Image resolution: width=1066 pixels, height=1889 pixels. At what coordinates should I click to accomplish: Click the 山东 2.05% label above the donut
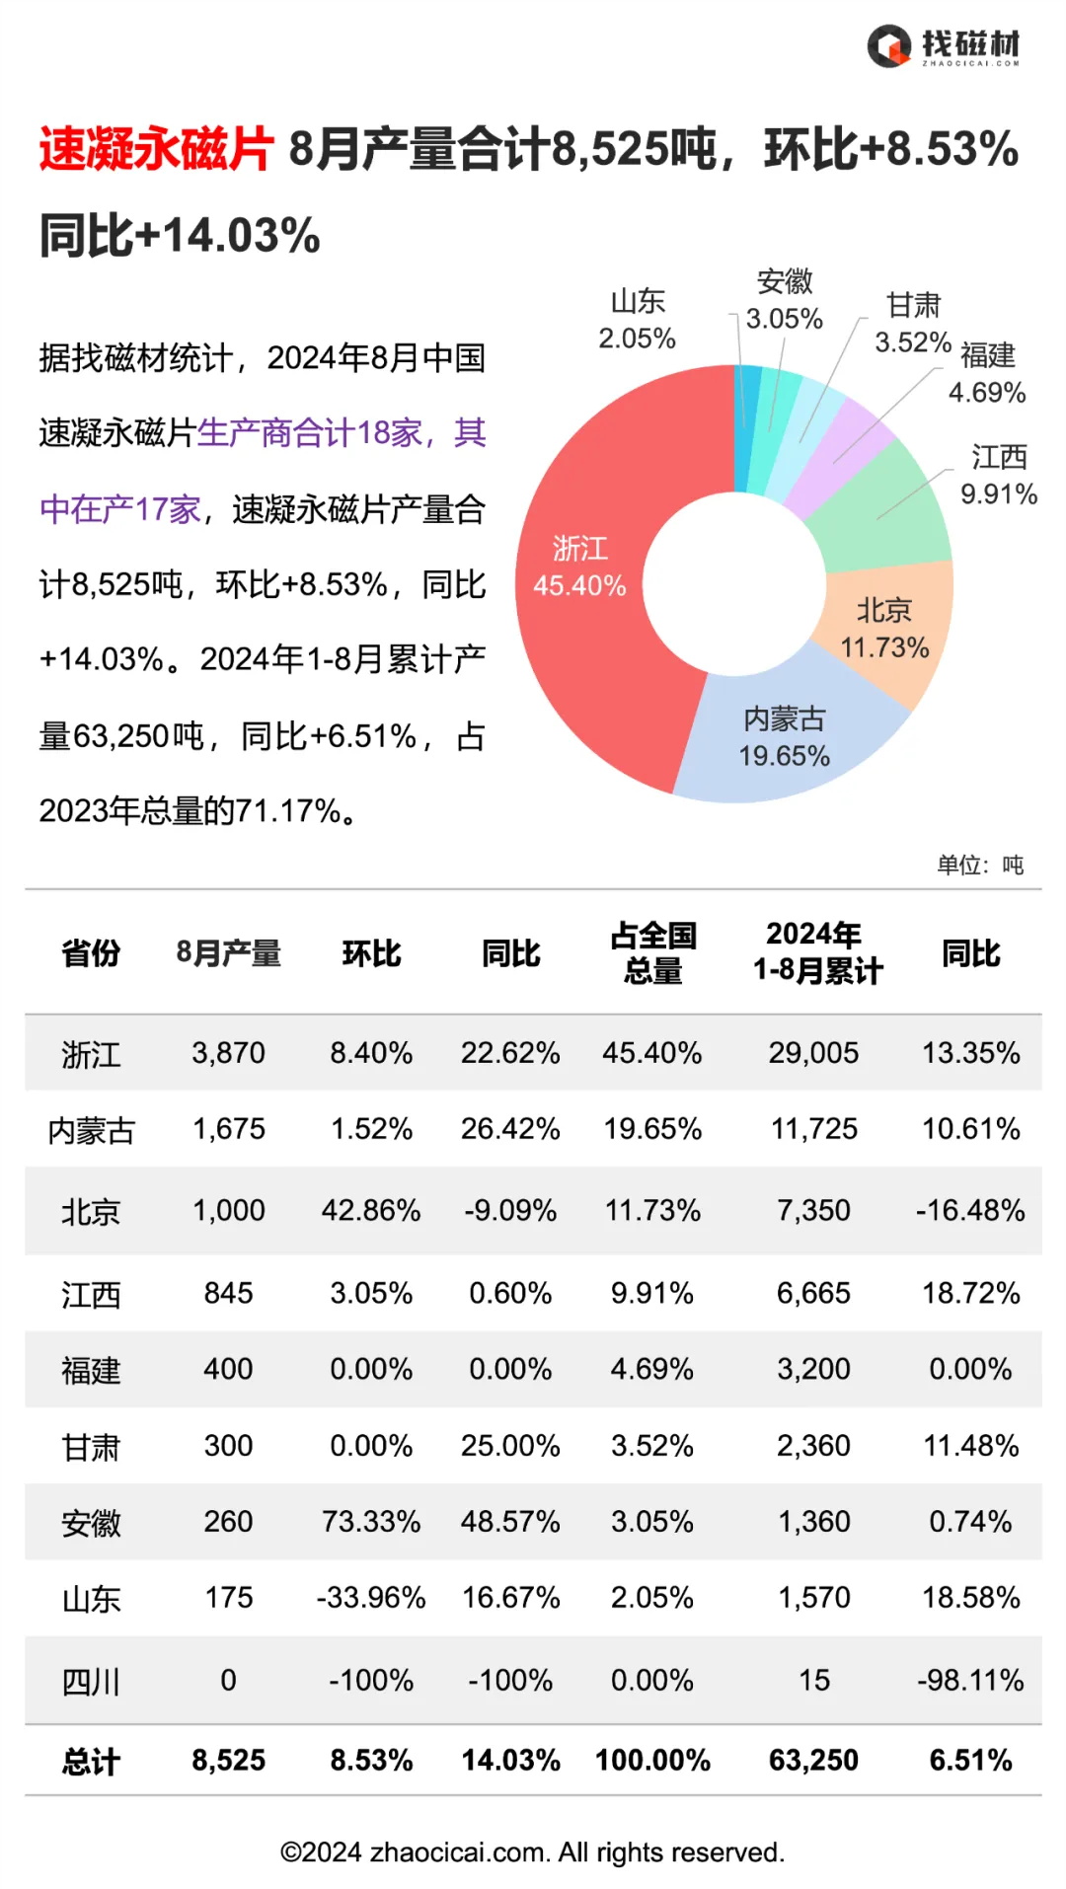coord(638,319)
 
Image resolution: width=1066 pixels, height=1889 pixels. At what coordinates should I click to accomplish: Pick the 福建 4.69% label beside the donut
coord(987,373)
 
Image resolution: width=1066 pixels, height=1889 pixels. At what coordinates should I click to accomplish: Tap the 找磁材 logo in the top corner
coord(944,46)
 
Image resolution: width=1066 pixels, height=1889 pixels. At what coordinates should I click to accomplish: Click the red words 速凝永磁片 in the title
coord(156,150)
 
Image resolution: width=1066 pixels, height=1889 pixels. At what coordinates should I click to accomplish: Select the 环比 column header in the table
coord(371,953)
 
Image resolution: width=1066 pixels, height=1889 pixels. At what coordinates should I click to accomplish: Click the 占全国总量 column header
coord(652,952)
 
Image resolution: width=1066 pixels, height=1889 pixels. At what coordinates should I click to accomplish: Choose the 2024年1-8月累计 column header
coord(815,952)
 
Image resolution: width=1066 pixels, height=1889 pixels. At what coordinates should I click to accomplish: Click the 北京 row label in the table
coord(91,1211)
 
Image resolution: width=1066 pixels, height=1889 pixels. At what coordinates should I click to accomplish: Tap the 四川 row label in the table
coord(91,1681)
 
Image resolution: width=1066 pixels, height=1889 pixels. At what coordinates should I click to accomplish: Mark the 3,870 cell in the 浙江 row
coord(228,1053)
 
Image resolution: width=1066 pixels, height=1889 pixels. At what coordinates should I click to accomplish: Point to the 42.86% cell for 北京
coord(371,1211)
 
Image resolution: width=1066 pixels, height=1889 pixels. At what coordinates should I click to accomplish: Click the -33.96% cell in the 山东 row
coord(371,1598)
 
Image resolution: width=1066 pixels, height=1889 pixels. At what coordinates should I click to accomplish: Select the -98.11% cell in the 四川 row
coord(970,1681)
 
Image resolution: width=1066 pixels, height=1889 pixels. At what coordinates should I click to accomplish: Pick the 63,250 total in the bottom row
coord(814,1761)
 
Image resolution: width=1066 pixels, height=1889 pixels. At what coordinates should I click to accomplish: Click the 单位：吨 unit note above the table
coord(980,866)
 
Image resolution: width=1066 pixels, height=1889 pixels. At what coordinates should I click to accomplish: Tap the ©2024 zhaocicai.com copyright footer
coord(533,1852)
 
